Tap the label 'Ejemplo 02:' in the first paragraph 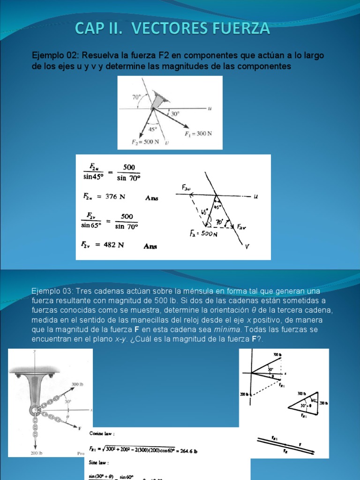55,56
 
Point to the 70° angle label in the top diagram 136,97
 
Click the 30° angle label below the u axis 175,114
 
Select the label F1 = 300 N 198,133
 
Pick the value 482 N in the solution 112,245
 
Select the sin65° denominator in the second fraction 91,225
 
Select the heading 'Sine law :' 100,462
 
